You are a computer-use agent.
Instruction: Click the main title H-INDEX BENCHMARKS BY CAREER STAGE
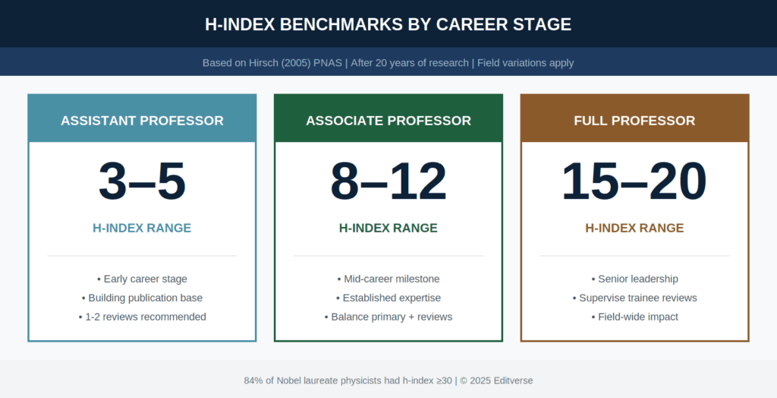click(x=388, y=24)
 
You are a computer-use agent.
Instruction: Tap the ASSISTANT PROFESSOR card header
click(x=142, y=121)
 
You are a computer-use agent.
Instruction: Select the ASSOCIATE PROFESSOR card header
click(x=388, y=121)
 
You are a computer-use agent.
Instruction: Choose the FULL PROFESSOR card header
click(x=634, y=121)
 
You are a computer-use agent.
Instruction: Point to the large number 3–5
click(x=142, y=182)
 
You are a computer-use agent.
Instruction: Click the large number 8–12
click(x=388, y=182)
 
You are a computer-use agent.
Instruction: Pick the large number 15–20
click(x=634, y=182)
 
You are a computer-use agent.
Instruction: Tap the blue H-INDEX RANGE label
click(x=142, y=228)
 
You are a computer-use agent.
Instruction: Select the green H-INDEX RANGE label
click(x=388, y=228)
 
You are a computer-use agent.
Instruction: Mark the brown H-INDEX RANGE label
click(x=634, y=228)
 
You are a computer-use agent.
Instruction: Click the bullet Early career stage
click(x=142, y=279)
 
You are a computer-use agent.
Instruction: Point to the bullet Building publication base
click(x=142, y=298)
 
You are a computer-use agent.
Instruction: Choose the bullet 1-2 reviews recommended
click(x=142, y=317)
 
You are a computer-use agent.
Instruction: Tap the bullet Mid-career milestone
click(x=388, y=279)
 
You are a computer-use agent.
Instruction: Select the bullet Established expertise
click(x=388, y=298)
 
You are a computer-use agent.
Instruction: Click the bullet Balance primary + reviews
click(x=388, y=317)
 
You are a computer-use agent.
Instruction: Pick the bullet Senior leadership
click(x=634, y=279)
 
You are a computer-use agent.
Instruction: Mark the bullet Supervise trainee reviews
click(x=634, y=298)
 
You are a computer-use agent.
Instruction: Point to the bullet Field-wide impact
click(x=634, y=317)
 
